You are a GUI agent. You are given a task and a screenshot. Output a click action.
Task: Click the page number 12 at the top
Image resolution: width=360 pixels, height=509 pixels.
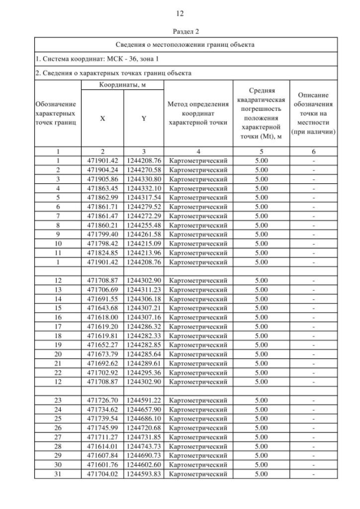pos(180,13)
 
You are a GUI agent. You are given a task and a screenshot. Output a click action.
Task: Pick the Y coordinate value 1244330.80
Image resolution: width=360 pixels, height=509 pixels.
pos(144,178)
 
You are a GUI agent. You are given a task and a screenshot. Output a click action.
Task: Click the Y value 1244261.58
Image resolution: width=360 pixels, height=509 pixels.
pos(144,234)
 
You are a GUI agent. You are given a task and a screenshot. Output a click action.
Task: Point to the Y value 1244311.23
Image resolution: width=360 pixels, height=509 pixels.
pos(144,289)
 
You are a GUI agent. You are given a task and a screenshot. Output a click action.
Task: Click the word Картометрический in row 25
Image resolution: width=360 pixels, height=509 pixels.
pos(197,418)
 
